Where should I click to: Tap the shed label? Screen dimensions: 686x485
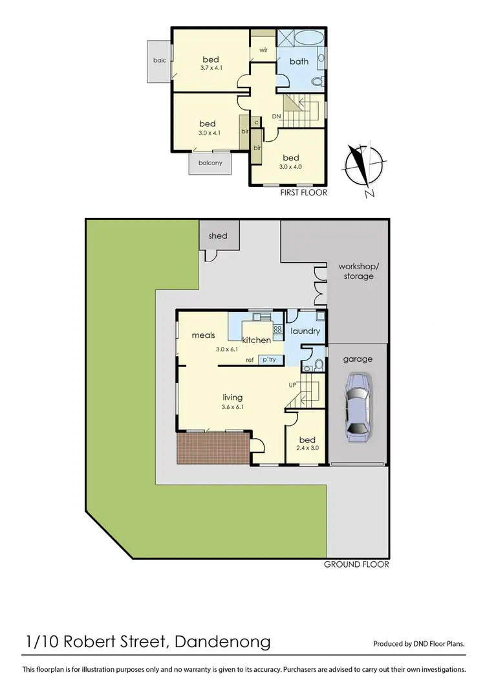(218, 236)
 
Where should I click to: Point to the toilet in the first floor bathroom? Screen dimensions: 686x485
(316, 82)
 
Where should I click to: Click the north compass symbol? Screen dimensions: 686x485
(363, 166)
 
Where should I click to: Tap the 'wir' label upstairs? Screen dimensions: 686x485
(264, 50)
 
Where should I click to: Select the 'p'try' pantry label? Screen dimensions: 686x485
(268, 359)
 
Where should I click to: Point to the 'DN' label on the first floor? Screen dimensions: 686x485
(276, 116)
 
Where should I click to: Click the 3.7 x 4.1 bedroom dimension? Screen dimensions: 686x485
(211, 67)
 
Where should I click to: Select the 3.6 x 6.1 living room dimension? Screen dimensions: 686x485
(232, 407)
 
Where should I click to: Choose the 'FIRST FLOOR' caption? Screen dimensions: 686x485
(304, 192)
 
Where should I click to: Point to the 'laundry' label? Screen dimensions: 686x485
(305, 331)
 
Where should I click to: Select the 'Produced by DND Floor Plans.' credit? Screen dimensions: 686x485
(419, 645)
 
